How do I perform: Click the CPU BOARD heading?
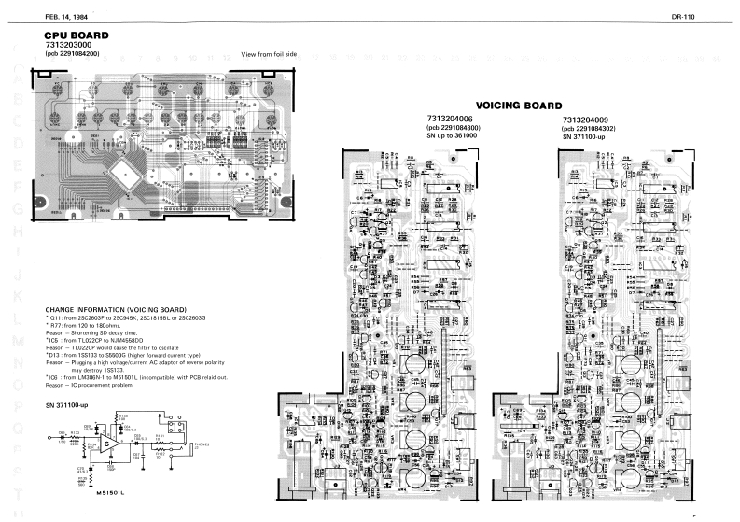(77, 35)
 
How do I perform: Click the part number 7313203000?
(70, 45)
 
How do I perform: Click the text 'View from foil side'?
(269, 54)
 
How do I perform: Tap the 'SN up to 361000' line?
(452, 136)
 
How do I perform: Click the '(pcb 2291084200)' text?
(73, 54)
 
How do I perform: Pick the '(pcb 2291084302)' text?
(594, 128)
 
